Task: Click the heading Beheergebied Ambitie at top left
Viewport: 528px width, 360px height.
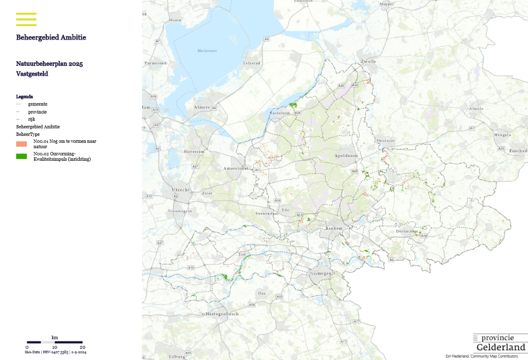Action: (51, 38)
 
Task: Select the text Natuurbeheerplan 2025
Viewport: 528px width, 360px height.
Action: (49, 64)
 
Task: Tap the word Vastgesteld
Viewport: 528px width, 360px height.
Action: (32, 74)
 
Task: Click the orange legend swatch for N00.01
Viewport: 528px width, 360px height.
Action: (21, 144)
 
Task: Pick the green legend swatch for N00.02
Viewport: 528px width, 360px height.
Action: (21, 156)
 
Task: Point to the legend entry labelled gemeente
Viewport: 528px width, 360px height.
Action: (38, 104)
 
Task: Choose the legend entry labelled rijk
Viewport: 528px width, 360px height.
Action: (32, 119)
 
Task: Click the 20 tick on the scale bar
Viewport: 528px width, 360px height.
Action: (82, 347)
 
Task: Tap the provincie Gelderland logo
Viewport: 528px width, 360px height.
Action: (500, 343)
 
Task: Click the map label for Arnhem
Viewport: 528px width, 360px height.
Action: (335, 228)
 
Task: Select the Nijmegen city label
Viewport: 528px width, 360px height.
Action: (321, 273)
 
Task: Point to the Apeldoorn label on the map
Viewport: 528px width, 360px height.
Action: (346, 155)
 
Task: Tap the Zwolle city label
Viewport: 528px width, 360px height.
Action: (368, 62)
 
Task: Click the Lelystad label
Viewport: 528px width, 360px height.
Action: (252, 63)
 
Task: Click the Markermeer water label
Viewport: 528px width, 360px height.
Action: (207, 51)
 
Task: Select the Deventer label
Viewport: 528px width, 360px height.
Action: (385, 141)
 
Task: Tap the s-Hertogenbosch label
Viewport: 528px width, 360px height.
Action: (220, 314)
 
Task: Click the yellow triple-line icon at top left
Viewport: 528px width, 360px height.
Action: (26, 19)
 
